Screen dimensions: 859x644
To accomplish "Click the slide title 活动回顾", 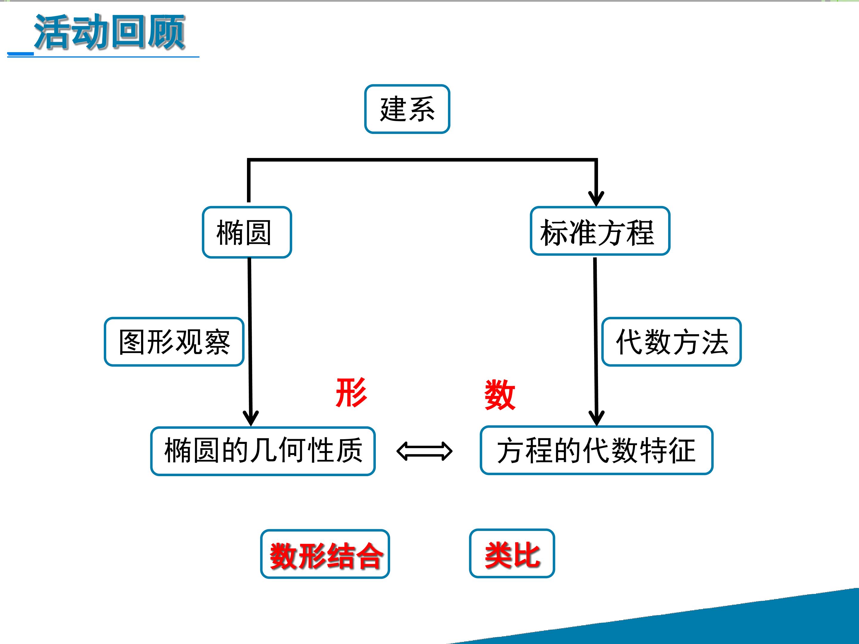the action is tap(109, 32).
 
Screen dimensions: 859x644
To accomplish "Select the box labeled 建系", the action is tap(407, 109).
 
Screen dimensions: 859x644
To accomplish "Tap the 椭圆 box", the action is tap(247, 232).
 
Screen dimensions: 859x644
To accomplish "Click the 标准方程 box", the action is tap(600, 231).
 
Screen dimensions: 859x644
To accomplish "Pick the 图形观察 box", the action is tap(174, 342).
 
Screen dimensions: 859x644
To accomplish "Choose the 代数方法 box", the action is tap(671, 342).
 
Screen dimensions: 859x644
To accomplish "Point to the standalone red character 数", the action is tap(500, 395).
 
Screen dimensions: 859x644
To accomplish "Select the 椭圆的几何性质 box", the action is tap(263, 451).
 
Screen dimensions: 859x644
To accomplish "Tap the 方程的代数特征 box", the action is tap(597, 450).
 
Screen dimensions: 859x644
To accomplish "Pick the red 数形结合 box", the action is tap(325, 554).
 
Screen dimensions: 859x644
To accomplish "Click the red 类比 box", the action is tap(512, 554).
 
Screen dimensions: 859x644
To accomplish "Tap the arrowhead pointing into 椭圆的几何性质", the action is tap(251, 418).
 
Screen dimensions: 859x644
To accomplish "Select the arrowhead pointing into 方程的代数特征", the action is tap(597, 418).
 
